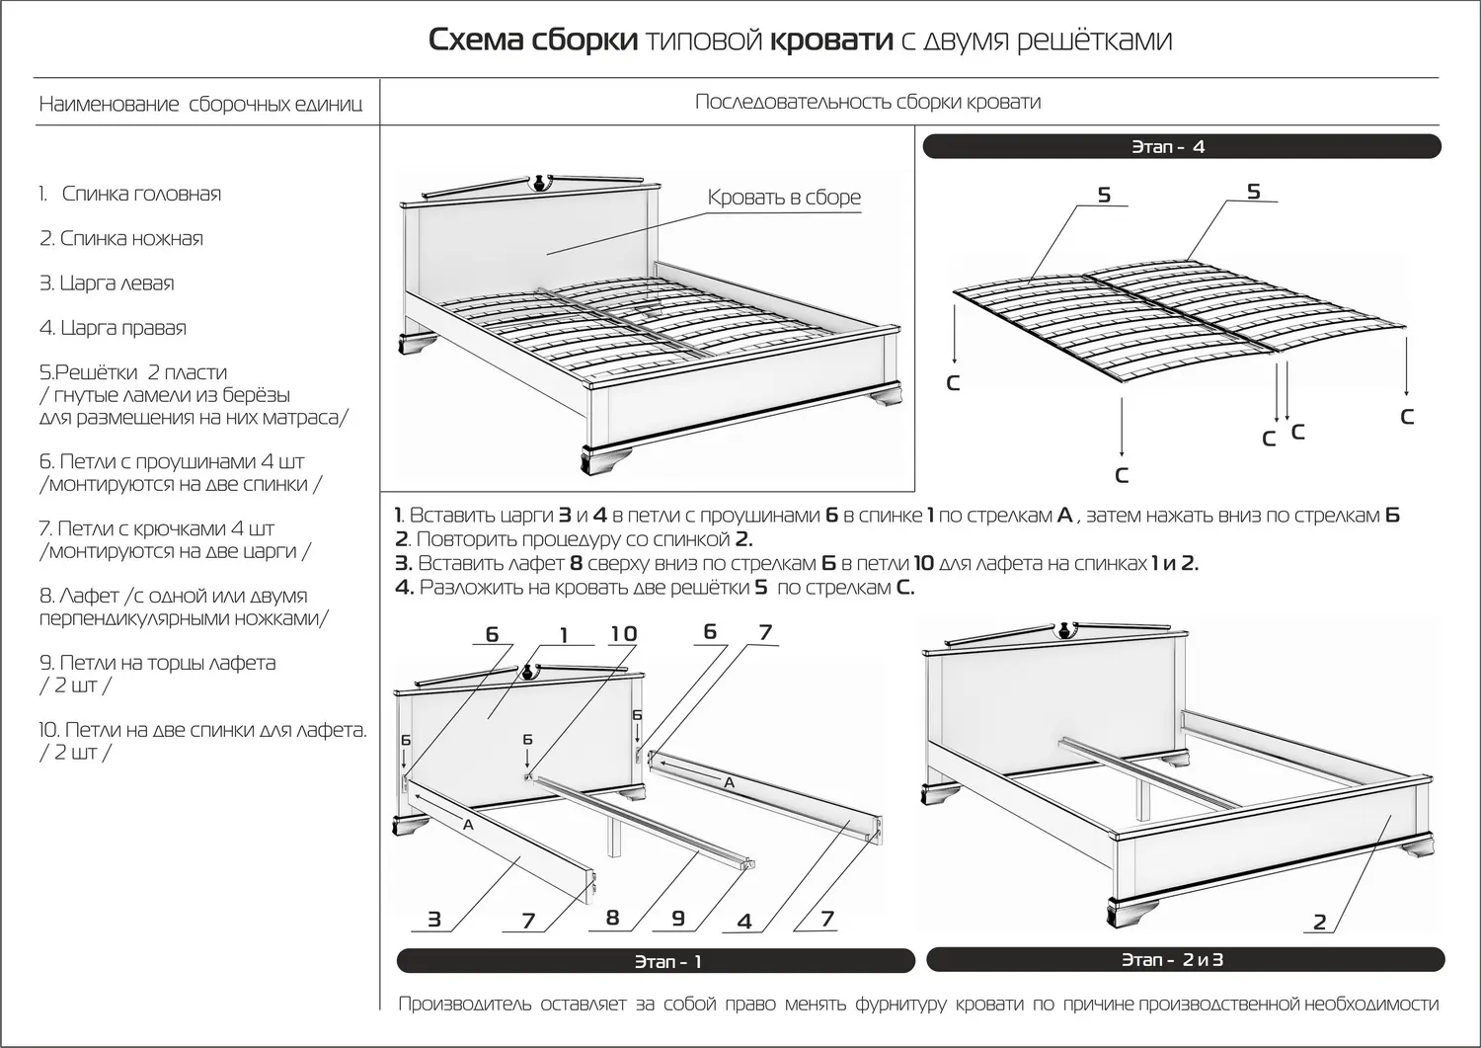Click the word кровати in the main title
click(830, 40)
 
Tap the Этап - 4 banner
click(1181, 147)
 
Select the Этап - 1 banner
click(656, 961)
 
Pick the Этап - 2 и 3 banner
click(1185, 959)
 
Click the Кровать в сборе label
click(784, 198)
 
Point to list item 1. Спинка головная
click(130, 194)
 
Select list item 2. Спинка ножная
click(121, 238)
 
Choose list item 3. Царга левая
click(107, 283)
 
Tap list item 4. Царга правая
click(113, 328)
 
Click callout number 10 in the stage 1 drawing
click(623, 634)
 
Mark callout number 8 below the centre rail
click(612, 918)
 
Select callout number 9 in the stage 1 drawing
click(678, 918)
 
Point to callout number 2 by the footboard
click(1320, 923)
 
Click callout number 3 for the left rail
click(434, 920)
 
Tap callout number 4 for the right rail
click(744, 922)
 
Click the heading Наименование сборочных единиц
click(200, 105)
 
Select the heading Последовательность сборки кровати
click(868, 102)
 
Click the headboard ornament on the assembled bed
click(539, 182)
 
